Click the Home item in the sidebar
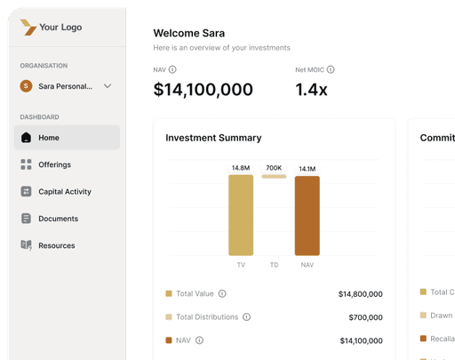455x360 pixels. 67,138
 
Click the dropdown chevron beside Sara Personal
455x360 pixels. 108,86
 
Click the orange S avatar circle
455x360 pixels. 26,86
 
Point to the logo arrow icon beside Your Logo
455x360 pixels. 28,28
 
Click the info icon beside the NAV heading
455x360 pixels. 172,69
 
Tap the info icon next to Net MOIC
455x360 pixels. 331,69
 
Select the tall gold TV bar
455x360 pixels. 241,215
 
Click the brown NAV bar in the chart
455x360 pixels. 307,216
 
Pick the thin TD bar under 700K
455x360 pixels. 274,177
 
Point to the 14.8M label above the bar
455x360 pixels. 241,168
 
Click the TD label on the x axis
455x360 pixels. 274,265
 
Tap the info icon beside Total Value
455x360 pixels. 222,293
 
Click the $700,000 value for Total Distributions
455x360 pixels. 365,317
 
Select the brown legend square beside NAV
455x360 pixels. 169,340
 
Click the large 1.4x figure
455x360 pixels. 311,90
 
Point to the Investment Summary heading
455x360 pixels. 213,138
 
